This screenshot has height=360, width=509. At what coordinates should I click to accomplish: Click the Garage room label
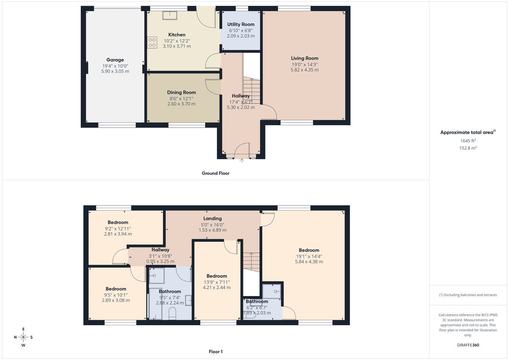tap(115, 60)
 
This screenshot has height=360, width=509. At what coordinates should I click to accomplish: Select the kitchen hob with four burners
tap(151, 42)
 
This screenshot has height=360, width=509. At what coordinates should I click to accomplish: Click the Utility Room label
tap(241, 25)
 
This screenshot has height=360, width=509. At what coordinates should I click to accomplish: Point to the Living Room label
tap(304, 58)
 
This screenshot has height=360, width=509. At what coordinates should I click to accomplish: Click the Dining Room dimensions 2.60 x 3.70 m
tap(181, 104)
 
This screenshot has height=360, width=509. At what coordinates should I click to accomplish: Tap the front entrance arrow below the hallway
tap(242, 161)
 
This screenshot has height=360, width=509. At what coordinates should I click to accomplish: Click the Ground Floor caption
tap(215, 173)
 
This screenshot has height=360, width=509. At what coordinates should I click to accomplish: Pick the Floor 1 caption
tap(215, 352)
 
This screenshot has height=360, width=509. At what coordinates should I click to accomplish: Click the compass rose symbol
tap(23, 337)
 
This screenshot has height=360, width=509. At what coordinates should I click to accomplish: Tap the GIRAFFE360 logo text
tap(468, 345)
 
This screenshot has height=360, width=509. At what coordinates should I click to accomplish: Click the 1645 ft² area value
tap(468, 140)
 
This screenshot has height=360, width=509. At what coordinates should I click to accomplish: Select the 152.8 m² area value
tap(468, 148)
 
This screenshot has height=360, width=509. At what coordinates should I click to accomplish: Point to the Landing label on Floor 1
tap(213, 218)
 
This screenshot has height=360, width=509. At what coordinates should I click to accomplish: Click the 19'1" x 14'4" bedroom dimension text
tap(309, 256)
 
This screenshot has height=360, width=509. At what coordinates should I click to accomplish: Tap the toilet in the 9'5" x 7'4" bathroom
tap(173, 314)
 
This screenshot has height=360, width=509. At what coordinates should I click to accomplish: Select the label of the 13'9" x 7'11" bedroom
tap(216, 276)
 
